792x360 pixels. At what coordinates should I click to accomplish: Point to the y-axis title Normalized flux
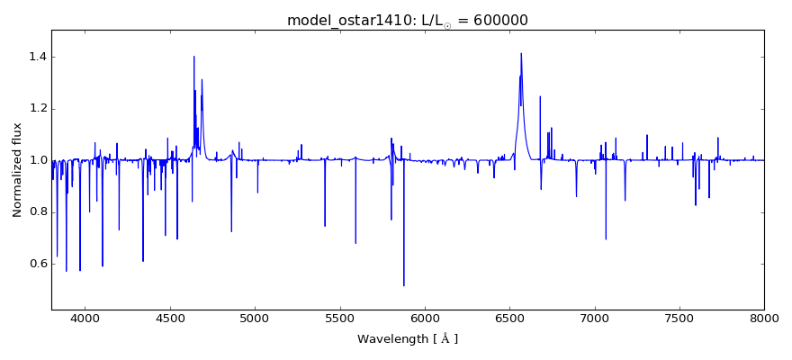(17, 170)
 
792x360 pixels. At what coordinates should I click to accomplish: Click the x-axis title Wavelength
(408, 339)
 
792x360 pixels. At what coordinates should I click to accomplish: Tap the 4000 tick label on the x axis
(85, 318)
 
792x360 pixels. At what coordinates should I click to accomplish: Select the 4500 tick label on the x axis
(170, 318)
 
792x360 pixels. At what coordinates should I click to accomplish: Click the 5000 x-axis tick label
(255, 318)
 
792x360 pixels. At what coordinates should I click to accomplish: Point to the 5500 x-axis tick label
(340, 318)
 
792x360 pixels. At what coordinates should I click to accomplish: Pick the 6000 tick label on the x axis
(425, 318)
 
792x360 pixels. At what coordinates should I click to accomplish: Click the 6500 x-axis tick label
(509, 318)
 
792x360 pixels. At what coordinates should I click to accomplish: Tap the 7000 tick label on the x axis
(595, 318)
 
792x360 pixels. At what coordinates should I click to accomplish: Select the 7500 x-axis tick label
(679, 318)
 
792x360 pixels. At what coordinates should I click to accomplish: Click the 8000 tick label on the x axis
(764, 318)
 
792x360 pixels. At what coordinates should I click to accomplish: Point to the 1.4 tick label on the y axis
(35, 57)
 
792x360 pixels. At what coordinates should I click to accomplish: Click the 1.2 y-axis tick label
(35, 109)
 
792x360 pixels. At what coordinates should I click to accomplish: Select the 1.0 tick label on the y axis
(35, 160)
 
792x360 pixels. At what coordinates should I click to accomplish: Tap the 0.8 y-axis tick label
(35, 212)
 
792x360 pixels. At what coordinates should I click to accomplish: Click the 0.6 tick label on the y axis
(35, 264)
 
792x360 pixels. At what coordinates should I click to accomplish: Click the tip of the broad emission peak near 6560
(521, 53)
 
